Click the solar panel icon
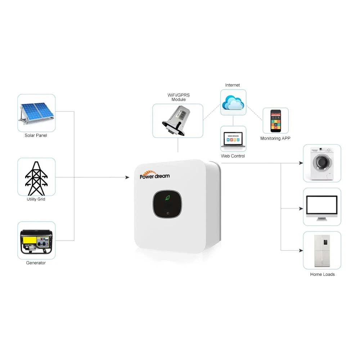(36, 113)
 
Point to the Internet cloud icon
(233, 102)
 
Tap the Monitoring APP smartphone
(275, 121)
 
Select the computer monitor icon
(321, 207)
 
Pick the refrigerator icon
(321, 251)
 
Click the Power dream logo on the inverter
(155, 175)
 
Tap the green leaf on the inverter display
(167, 198)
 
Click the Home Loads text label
(322, 274)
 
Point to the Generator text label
(36, 263)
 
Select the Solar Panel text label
(36, 135)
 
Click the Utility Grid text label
(36, 199)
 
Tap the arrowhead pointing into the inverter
(127, 177)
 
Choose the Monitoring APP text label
(275, 138)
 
